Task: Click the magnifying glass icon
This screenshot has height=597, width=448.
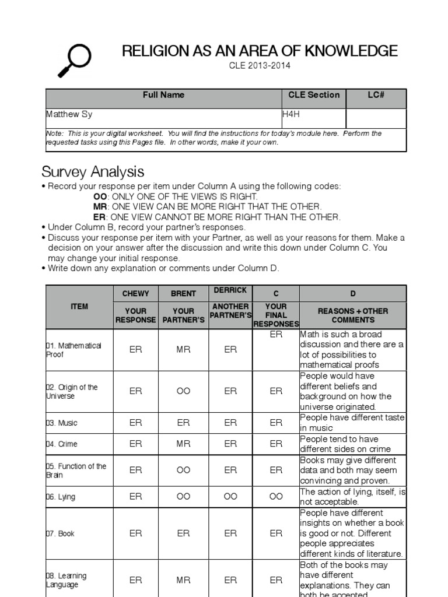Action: (74, 60)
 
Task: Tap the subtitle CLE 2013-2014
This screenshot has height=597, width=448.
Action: (259, 66)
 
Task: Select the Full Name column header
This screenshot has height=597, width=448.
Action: (163, 95)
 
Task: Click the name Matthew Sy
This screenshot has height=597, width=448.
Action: (69, 115)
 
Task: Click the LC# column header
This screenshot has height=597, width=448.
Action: (376, 95)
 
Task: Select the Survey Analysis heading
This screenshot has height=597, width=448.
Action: (93, 172)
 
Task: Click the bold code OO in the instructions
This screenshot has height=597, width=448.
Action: (100, 196)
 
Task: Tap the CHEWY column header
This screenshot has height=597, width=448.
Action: (135, 294)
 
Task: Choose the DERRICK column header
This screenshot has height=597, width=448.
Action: (230, 290)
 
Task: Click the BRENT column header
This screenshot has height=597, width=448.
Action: (183, 294)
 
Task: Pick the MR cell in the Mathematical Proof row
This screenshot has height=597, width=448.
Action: (183, 349)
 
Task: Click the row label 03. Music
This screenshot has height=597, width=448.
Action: (61, 423)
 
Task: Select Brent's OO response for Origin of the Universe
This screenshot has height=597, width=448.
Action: (183, 391)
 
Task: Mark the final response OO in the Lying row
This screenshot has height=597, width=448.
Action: (276, 497)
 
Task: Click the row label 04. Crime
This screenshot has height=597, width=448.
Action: (61, 444)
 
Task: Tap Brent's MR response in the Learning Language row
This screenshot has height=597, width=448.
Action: (183, 580)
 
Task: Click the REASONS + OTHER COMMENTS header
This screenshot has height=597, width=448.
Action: (352, 315)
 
